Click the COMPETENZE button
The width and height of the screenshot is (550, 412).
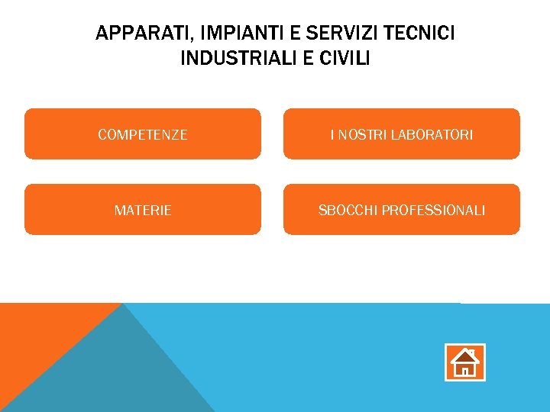click(143, 134)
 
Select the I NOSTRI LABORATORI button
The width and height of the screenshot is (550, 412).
click(402, 134)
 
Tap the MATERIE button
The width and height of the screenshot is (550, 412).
click(143, 210)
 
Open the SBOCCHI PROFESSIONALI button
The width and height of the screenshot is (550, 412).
click(402, 210)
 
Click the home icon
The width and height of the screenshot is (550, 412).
click(464, 362)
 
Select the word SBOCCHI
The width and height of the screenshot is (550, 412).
click(347, 210)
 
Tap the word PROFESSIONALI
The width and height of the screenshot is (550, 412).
click(433, 210)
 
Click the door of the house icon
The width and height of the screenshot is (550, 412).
click(464, 372)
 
